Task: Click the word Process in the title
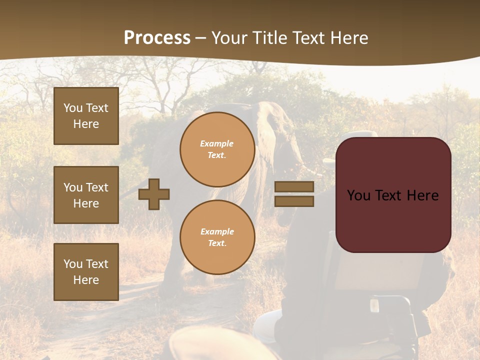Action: [x=157, y=38]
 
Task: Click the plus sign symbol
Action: [x=154, y=193]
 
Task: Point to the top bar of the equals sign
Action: [x=294, y=186]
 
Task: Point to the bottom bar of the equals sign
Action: [x=294, y=201]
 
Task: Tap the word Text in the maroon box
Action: [x=394, y=195]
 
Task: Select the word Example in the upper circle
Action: [x=216, y=143]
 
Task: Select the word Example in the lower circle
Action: [x=217, y=231]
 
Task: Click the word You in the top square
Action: [x=73, y=108]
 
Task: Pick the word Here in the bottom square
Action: [x=86, y=280]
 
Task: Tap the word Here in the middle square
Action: [x=86, y=203]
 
